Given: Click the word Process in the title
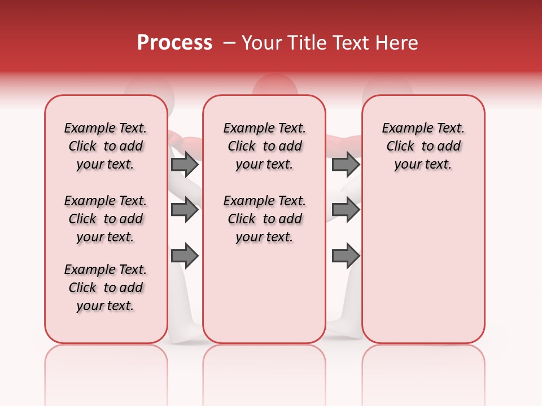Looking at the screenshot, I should [x=174, y=43].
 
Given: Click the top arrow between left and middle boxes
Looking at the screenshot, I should [x=185, y=165].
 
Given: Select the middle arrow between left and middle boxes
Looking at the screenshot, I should [x=185, y=210].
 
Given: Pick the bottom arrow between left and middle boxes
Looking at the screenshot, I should [x=185, y=256].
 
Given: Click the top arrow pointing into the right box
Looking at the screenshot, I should [x=346, y=165].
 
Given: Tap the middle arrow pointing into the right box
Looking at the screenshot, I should [x=346, y=210].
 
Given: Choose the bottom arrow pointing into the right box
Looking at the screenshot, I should [x=346, y=256].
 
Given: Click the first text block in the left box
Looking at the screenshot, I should [x=106, y=146].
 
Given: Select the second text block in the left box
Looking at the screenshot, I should [x=106, y=219].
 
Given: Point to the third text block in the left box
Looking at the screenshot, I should [x=106, y=288].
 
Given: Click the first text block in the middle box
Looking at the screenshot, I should [x=265, y=146].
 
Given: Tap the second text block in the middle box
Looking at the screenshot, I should [x=265, y=219].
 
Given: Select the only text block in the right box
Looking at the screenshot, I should [x=423, y=146].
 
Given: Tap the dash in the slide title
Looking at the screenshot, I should [x=229, y=43].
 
